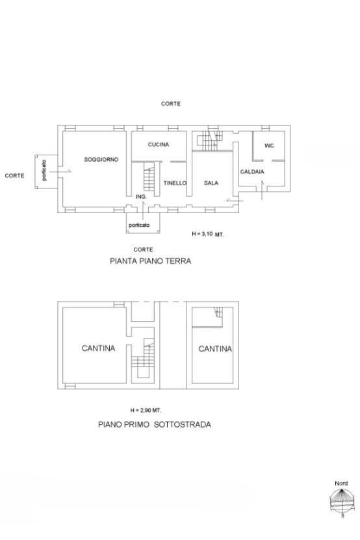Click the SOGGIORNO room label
(x=101, y=159)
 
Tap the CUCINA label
(x=159, y=144)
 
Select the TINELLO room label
(x=175, y=183)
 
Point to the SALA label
(x=211, y=183)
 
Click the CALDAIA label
(x=252, y=172)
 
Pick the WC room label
(x=269, y=146)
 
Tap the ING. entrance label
(x=141, y=196)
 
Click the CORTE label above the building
(x=171, y=103)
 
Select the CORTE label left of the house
(x=14, y=175)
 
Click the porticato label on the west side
(x=44, y=170)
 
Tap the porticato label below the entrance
(x=139, y=225)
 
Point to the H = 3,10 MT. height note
(x=208, y=234)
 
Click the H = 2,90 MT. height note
(x=146, y=410)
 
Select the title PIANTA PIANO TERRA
(x=150, y=261)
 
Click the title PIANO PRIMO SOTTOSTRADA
(x=155, y=424)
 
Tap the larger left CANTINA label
(x=98, y=348)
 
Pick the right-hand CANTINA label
(x=215, y=349)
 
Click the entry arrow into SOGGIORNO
(x=60, y=171)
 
